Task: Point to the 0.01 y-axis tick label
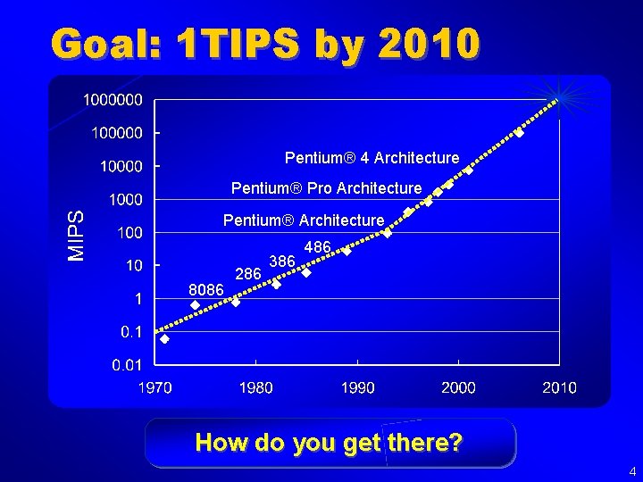(127, 364)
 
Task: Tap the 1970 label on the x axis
(154, 387)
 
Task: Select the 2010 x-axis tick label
(560, 387)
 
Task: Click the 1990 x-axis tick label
(357, 387)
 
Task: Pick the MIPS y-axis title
(78, 235)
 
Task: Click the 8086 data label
(206, 289)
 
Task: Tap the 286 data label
(247, 273)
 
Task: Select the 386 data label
(281, 261)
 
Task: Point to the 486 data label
(318, 246)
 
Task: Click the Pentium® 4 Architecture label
(372, 158)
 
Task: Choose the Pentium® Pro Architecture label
(326, 188)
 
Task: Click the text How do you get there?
(329, 442)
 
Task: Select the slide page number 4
(631, 470)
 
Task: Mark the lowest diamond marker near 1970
(164, 338)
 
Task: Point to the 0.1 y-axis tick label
(130, 331)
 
